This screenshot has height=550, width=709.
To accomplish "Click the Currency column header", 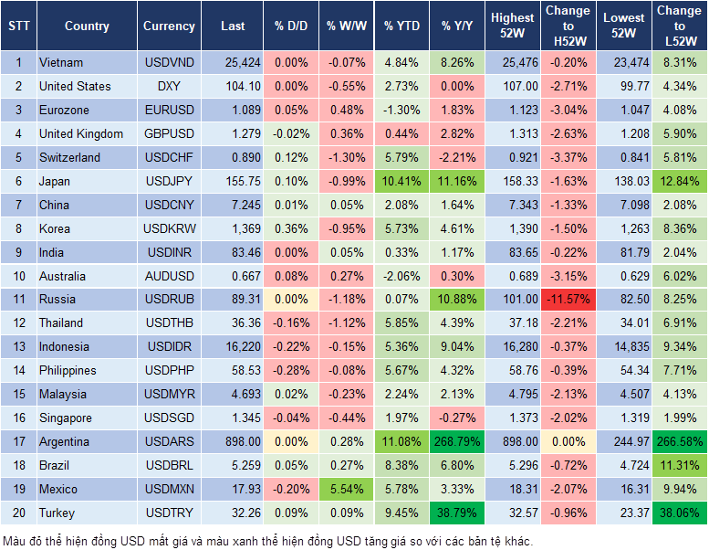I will coord(169,26).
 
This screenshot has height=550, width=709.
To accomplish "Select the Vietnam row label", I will coord(61,63).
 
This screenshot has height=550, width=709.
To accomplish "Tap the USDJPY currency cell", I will coord(169,181).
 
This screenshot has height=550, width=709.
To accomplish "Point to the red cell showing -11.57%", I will coord(568,299).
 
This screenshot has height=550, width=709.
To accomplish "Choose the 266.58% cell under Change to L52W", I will coord(680,441).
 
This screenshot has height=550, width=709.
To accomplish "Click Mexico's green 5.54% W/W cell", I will coord(347,489).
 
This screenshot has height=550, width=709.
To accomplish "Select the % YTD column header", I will coord(401,26).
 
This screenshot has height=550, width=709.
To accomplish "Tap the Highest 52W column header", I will coord(512,26).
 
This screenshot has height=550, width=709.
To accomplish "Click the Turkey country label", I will coord(57,513).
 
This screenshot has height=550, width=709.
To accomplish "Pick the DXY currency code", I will coord(169,86).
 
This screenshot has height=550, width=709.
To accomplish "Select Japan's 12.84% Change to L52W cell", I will coord(680,181).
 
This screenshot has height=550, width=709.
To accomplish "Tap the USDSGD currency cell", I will coord(169,418).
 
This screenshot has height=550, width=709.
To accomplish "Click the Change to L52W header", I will coord(680,26).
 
